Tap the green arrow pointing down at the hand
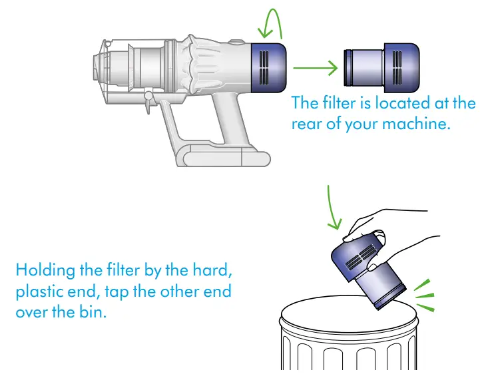tap(334, 207)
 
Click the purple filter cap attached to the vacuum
tap(270, 68)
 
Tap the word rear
tap(308, 124)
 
